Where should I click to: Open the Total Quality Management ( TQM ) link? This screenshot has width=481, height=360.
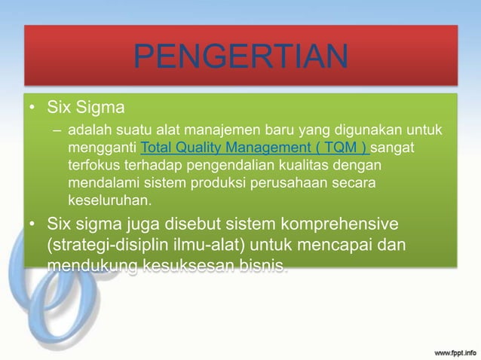[x=255, y=146]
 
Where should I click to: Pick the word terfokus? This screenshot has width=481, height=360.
[x=93, y=164]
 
